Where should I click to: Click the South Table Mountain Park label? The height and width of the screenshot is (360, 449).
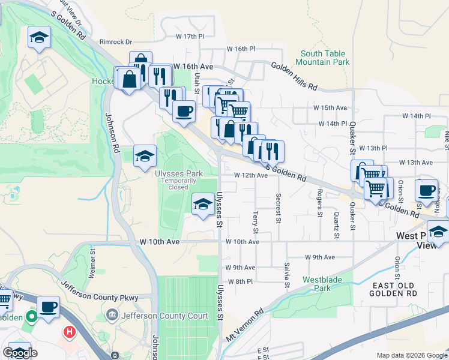click(x=325, y=58)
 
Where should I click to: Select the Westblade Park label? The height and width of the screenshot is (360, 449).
click(x=318, y=283)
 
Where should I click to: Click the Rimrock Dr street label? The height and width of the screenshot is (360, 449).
click(x=115, y=42)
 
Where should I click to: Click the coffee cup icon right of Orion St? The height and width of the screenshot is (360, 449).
click(x=426, y=190)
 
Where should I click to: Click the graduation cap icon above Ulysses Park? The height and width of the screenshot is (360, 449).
click(x=144, y=157)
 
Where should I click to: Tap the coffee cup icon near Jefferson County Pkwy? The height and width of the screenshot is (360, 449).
click(x=48, y=307)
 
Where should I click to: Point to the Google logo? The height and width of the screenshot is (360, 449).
click(x=20, y=353)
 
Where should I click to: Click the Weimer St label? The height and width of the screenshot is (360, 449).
click(x=92, y=264)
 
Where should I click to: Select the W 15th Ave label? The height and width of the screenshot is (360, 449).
click(x=330, y=107)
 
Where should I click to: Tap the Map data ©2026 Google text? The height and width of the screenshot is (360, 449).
click(x=411, y=354)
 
